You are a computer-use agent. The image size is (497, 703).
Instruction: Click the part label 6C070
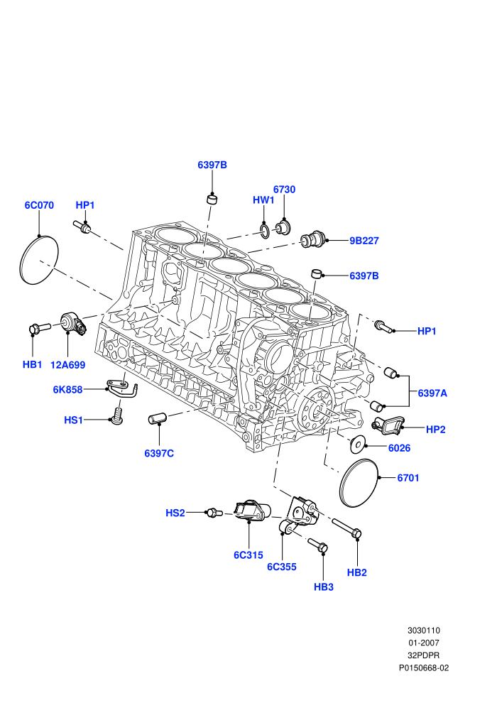[39, 205]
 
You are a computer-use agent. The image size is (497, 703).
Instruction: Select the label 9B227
[364, 241]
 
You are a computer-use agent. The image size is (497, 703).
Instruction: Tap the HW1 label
[263, 200]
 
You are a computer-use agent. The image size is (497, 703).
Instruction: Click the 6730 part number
[284, 190]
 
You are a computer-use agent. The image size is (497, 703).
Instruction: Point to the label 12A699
[67, 365]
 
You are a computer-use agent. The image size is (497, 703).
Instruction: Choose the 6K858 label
[67, 390]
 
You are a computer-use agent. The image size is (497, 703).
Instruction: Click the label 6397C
[159, 453]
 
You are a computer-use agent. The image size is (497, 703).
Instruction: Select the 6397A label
[432, 393]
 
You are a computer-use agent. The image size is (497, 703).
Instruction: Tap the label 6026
[399, 448]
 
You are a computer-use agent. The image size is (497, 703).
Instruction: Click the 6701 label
[408, 478]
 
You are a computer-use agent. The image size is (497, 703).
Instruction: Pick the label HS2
[175, 513]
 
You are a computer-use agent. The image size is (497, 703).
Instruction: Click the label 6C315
[248, 555]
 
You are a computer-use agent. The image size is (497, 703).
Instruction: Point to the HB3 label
[324, 587]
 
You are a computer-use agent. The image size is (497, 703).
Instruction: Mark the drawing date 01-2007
[423, 643]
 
